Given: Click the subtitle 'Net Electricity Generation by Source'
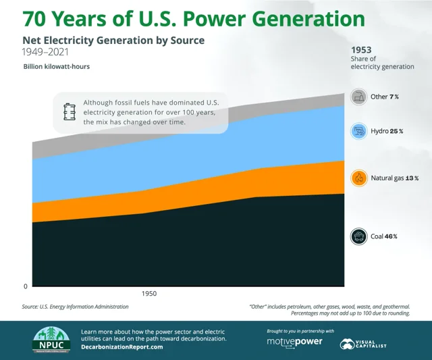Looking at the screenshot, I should tap(113, 40).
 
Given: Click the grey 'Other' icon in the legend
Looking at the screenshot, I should tap(359, 97).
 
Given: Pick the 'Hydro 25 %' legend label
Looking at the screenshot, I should tap(387, 130).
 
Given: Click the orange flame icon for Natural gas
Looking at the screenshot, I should tap(359, 178).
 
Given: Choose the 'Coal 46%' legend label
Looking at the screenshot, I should tap(383, 236).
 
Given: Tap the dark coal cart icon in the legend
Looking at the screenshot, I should tap(359, 236).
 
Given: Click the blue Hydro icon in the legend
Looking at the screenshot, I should tap(359, 130).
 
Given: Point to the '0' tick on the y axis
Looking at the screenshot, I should tap(26, 286).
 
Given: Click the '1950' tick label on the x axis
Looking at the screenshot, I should tap(150, 294).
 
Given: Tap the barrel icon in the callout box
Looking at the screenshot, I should tap(69, 111).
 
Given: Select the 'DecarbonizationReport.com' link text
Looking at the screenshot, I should tap(122, 346).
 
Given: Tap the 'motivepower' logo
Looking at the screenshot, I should tap(295, 342).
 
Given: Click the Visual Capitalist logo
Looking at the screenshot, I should tap(365, 343).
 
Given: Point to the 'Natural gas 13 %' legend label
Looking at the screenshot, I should tap(395, 178).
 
